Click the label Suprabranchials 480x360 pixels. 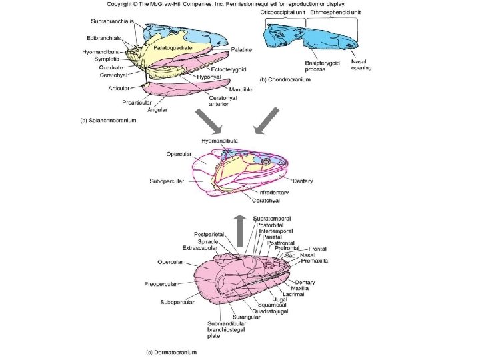[112, 22]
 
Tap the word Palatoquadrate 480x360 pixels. [173, 49]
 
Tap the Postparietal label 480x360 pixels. [209, 235]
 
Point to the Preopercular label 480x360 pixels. [160, 284]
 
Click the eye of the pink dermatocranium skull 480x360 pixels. [269, 267]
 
